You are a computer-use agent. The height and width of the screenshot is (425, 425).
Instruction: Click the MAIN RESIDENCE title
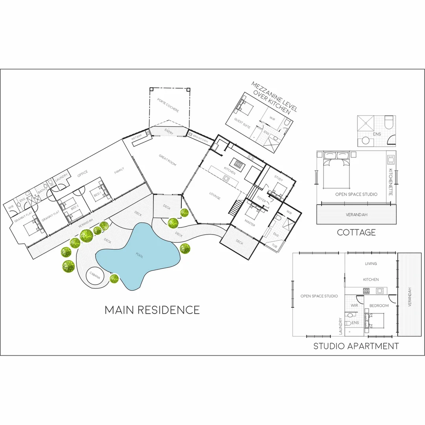click(152, 310)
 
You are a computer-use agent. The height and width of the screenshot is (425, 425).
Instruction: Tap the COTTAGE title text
click(356, 233)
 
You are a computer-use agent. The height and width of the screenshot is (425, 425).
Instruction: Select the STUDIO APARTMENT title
click(356, 346)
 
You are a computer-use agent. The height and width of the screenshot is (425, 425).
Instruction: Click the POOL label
click(140, 256)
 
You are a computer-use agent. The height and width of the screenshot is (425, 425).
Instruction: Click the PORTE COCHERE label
click(168, 105)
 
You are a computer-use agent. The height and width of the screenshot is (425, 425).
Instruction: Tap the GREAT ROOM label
click(168, 161)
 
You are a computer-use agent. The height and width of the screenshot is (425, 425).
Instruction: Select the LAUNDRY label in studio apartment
click(340, 326)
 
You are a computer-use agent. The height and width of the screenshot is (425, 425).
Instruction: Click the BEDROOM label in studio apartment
click(379, 306)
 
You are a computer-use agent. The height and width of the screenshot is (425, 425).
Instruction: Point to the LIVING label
click(371, 264)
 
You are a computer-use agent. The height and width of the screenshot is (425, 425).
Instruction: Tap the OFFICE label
click(83, 172)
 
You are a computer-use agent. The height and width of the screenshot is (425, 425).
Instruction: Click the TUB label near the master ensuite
click(274, 245)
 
